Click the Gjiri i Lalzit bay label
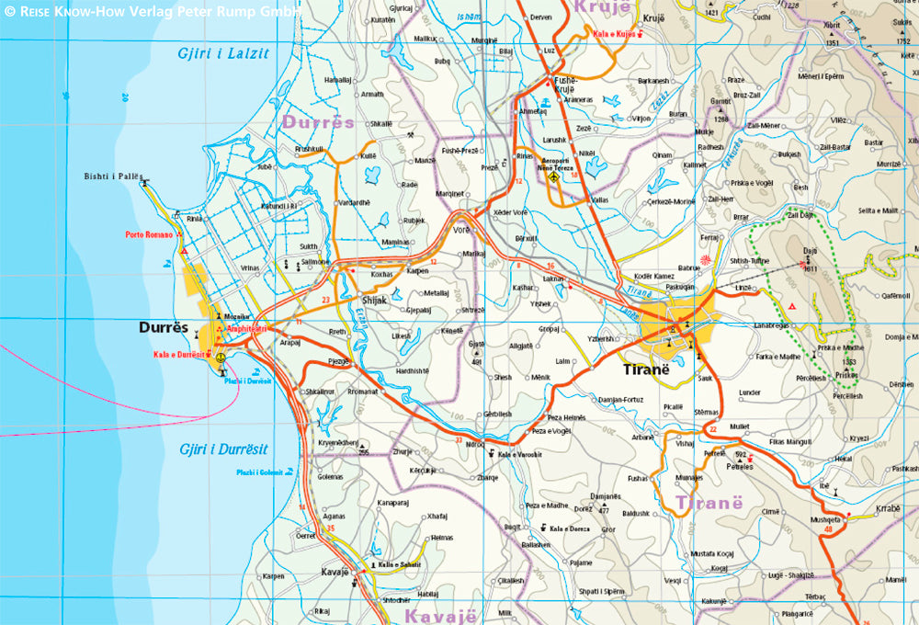click(x=223, y=53)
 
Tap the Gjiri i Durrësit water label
click(x=225, y=449)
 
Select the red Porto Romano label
click(x=149, y=235)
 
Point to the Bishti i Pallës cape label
click(x=111, y=175)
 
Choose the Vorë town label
click(x=461, y=230)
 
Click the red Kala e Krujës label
click(x=615, y=34)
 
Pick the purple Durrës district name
click(x=318, y=121)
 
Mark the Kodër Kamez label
click(x=653, y=277)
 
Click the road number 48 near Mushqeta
click(x=829, y=528)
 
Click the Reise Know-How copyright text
click(x=153, y=11)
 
